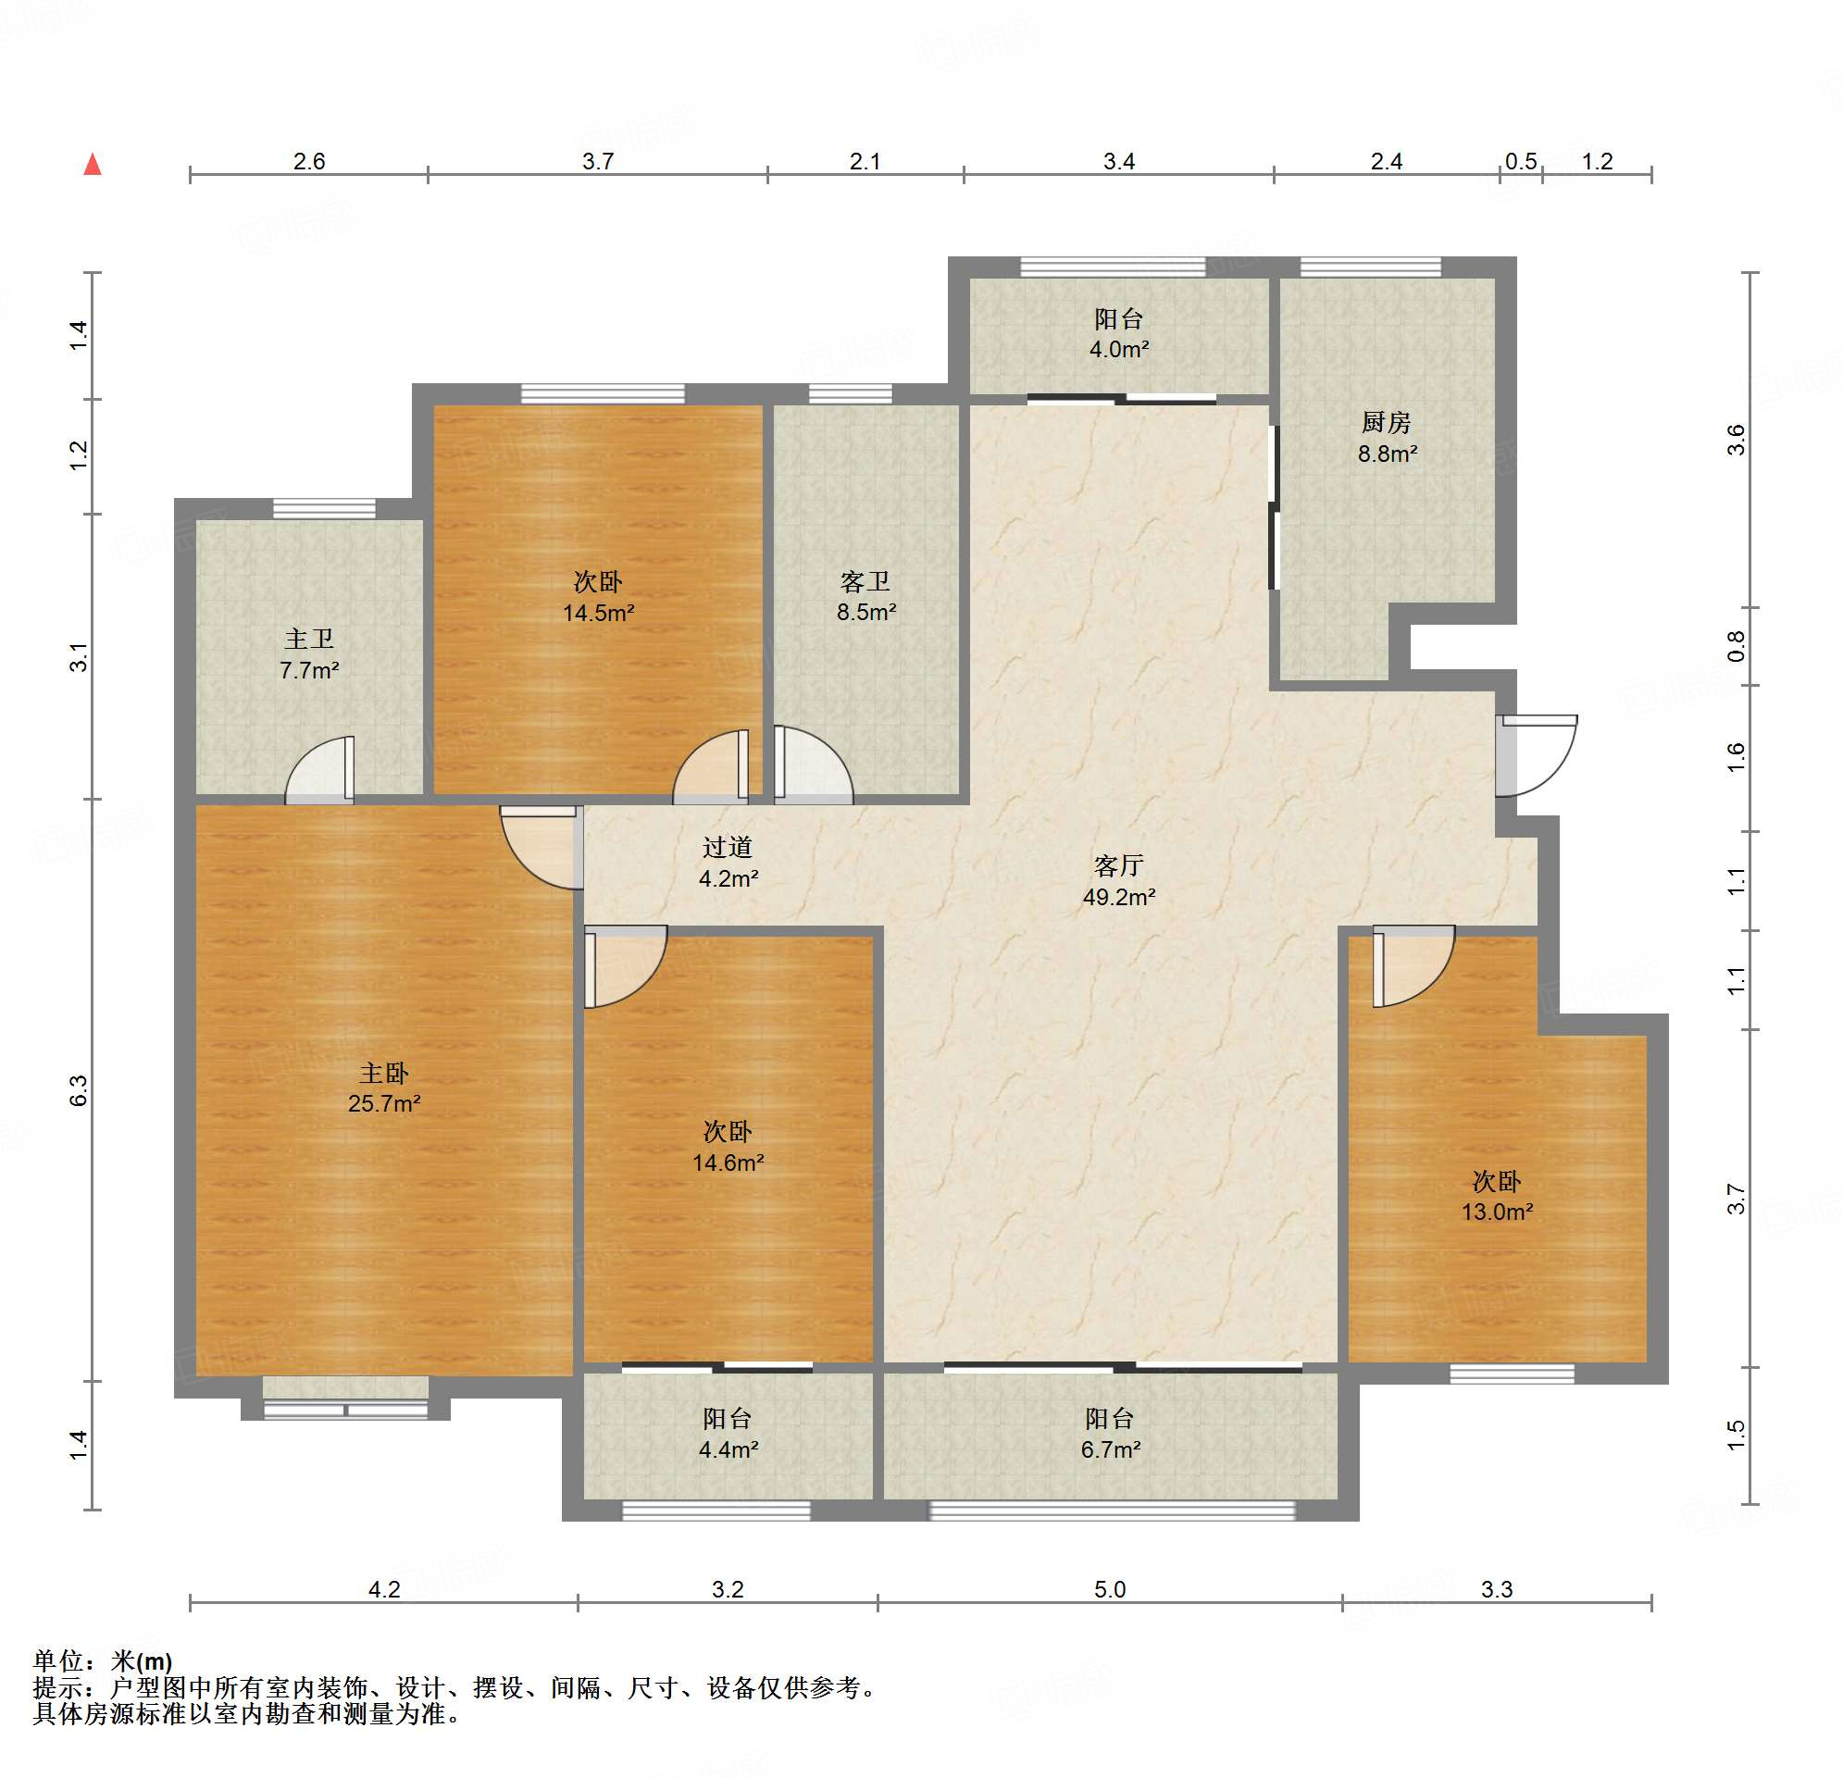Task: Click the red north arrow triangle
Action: pos(93,165)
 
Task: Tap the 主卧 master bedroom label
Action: pos(383,1073)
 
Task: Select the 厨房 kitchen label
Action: pos(1386,422)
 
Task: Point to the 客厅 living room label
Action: pos(1118,865)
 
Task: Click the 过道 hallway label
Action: pos(727,847)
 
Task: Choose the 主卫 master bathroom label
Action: pos(308,640)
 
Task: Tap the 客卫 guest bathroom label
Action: pos(865,582)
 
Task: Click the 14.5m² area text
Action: pos(598,613)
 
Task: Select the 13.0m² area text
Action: pos(1497,1212)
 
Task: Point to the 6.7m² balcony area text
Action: pos(1111,1449)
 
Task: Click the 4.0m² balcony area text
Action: pos(1119,350)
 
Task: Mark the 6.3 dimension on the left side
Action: pos(78,1090)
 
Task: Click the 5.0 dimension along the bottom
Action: pos(1110,1589)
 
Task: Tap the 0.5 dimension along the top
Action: pos(1521,162)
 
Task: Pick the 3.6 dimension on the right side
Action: pos(1736,440)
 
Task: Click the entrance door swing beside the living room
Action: pos(1537,756)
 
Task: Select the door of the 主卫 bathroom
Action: pos(319,770)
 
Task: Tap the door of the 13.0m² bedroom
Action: pos(1413,966)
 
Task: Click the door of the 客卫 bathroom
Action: pos(814,765)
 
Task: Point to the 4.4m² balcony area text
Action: pos(728,1449)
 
